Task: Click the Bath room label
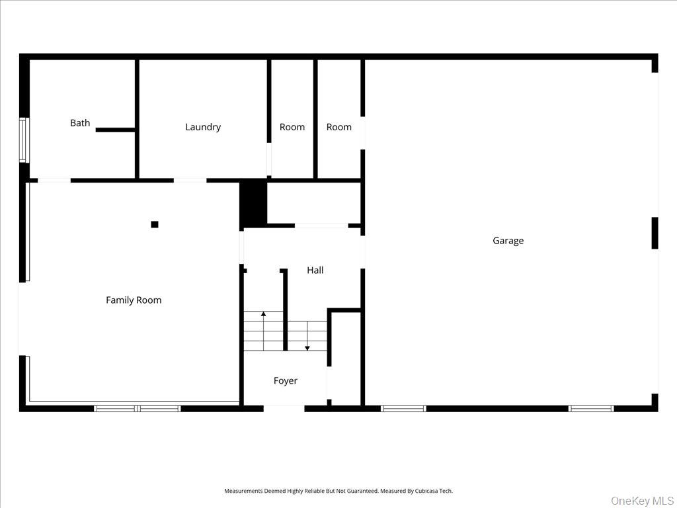point(80,123)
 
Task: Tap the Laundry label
point(203,127)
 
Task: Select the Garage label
point(508,241)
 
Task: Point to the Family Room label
point(134,300)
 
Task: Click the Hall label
point(315,271)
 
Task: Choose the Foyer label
point(286,381)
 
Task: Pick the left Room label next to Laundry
point(292,127)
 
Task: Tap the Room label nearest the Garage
point(339,127)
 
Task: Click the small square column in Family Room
point(155,224)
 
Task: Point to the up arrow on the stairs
point(263,314)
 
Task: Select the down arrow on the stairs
point(307,348)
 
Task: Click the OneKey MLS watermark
point(641,500)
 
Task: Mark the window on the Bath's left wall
point(23,140)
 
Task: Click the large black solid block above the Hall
point(253,204)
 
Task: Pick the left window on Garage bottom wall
point(403,409)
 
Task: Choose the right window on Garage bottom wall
point(591,409)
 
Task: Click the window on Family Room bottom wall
point(138,409)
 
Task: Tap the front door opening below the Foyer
point(284,409)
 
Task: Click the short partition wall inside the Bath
point(116,130)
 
